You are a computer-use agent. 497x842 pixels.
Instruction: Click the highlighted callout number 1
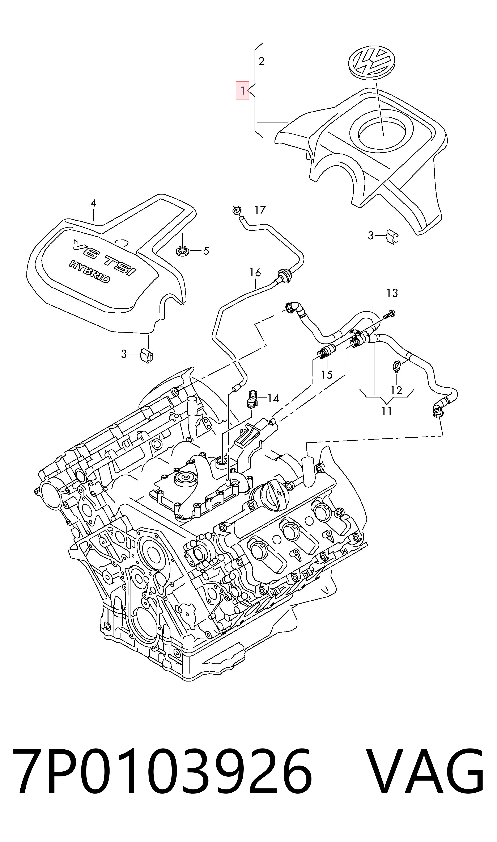coord(242,91)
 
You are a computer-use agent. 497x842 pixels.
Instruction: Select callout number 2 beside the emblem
coord(262,61)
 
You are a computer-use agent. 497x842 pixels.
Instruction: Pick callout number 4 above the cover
coord(93,203)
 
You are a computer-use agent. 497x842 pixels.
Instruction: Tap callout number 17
coord(260,210)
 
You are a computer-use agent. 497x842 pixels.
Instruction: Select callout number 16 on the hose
coord(255,272)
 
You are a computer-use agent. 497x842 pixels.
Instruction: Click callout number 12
coord(396,390)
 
